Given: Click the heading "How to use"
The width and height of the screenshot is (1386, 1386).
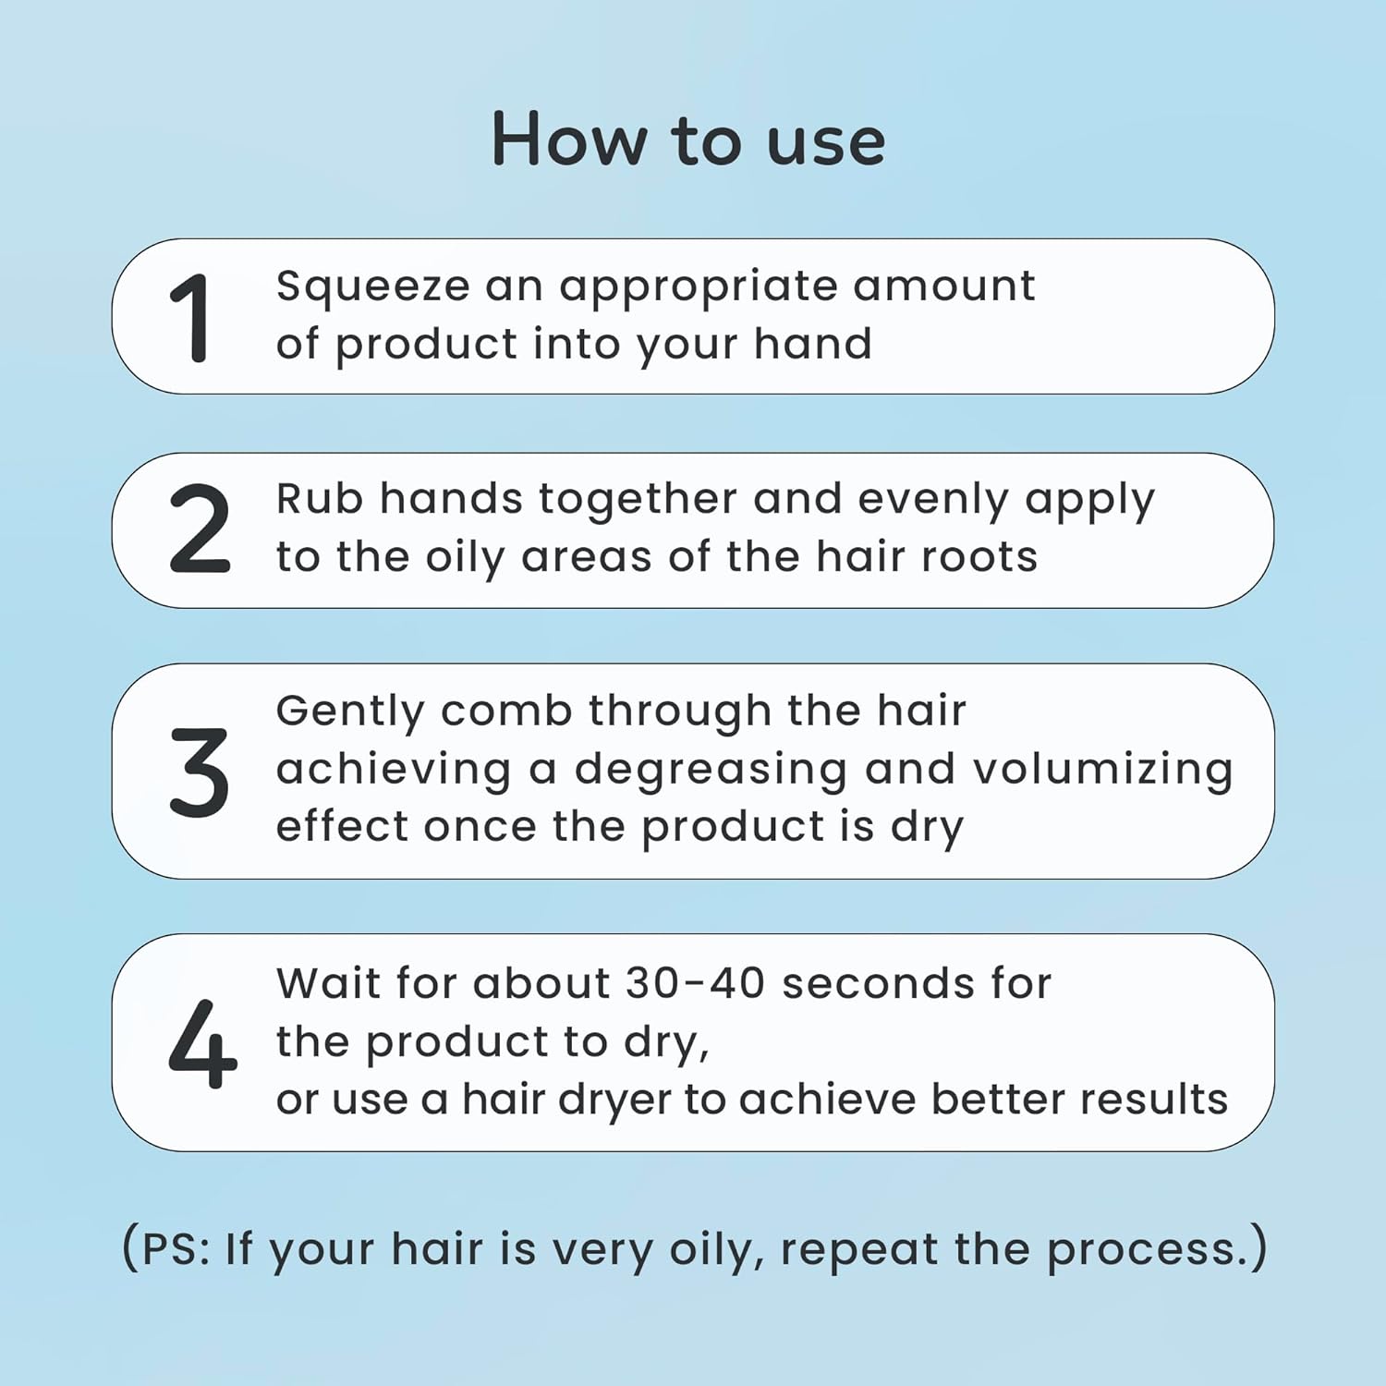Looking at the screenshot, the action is [x=688, y=140].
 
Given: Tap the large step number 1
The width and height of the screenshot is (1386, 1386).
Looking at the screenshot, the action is [x=192, y=318].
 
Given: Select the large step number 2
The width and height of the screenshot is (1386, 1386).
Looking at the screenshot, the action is [x=199, y=529].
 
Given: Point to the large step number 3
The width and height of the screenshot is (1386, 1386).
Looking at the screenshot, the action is [x=199, y=772].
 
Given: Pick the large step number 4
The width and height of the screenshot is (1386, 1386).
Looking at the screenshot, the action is [x=202, y=1043].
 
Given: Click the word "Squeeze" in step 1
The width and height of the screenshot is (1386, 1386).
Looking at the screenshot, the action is [x=372, y=287].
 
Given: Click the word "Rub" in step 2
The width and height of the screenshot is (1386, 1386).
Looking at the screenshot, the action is [x=320, y=499].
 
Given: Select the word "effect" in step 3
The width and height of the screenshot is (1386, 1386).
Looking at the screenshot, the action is [x=342, y=825].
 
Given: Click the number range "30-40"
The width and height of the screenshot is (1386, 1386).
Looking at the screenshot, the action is [x=695, y=983].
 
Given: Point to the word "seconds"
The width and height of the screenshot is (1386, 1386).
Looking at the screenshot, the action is [x=878, y=983].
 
